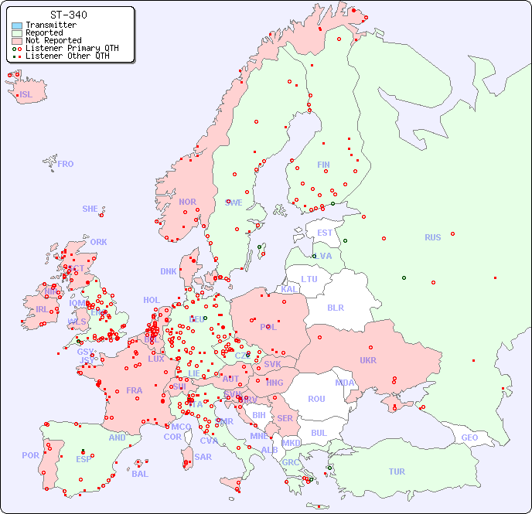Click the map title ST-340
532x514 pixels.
pyautogui.click(x=68, y=15)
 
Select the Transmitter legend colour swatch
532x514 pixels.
pyautogui.click(x=17, y=26)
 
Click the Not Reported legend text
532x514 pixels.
pyautogui.click(x=53, y=40)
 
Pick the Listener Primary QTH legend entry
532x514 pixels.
pyautogui.click(x=72, y=48)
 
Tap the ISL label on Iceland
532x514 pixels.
pyautogui.click(x=26, y=95)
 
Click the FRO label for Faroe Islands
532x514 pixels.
pyautogui.click(x=66, y=164)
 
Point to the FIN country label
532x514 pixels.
pyautogui.click(x=323, y=165)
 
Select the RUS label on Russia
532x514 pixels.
pyautogui.click(x=432, y=237)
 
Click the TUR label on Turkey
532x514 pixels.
pyautogui.click(x=397, y=471)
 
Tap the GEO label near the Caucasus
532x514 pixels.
pyautogui.click(x=469, y=437)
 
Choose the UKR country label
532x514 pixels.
pyautogui.click(x=368, y=360)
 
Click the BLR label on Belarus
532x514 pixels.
pyautogui.click(x=335, y=307)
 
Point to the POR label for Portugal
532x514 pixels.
pyautogui.click(x=30, y=455)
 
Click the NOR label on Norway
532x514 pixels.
pyautogui.click(x=187, y=202)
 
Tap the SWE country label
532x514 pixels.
pyautogui.click(x=234, y=203)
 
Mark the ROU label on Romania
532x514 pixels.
pyautogui.click(x=316, y=399)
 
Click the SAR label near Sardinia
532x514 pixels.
pyautogui.click(x=203, y=457)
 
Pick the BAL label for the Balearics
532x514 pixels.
pyautogui.click(x=139, y=474)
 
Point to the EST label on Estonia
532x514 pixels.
pyautogui.click(x=325, y=233)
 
